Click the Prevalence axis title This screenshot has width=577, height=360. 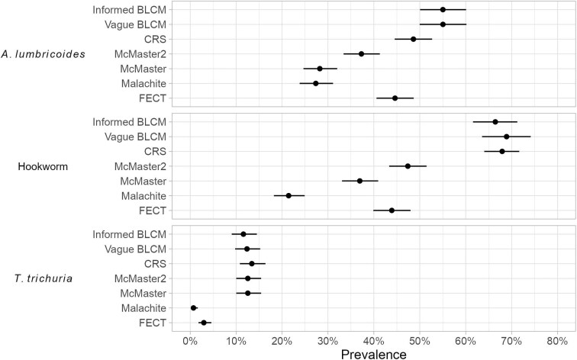(373, 354)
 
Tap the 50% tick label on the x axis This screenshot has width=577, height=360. (420, 341)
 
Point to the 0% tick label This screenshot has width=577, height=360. (190, 341)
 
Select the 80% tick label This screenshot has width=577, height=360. (557, 341)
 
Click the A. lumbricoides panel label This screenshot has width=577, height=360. (44, 54)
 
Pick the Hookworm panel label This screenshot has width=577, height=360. (43, 167)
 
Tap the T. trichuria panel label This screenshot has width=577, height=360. (44, 278)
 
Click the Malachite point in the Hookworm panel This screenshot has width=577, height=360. (288, 195)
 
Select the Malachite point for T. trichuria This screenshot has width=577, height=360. (194, 308)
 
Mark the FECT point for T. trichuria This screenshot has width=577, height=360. (204, 323)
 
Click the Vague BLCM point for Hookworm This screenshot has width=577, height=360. (507, 137)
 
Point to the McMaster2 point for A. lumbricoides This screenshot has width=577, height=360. (361, 53)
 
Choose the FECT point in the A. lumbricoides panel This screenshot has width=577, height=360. (395, 98)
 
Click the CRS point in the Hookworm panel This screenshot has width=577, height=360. (502, 151)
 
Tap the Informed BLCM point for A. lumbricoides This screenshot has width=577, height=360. (443, 10)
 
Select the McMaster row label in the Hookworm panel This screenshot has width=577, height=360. (143, 182)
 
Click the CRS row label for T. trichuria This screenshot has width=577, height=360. (155, 264)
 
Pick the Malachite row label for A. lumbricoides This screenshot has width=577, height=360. (143, 84)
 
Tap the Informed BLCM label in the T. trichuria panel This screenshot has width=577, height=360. (130, 235)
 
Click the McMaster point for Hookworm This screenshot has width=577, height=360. (359, 181)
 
